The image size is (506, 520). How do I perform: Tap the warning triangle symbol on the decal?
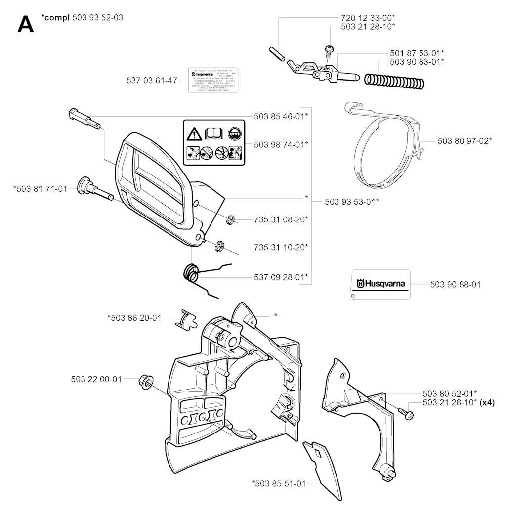(193, 133)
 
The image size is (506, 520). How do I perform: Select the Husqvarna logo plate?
(380, 284)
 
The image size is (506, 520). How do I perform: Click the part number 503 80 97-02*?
(464, 141)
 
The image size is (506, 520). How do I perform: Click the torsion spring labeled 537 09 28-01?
(191, 273)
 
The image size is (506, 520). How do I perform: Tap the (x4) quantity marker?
(487, 402)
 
